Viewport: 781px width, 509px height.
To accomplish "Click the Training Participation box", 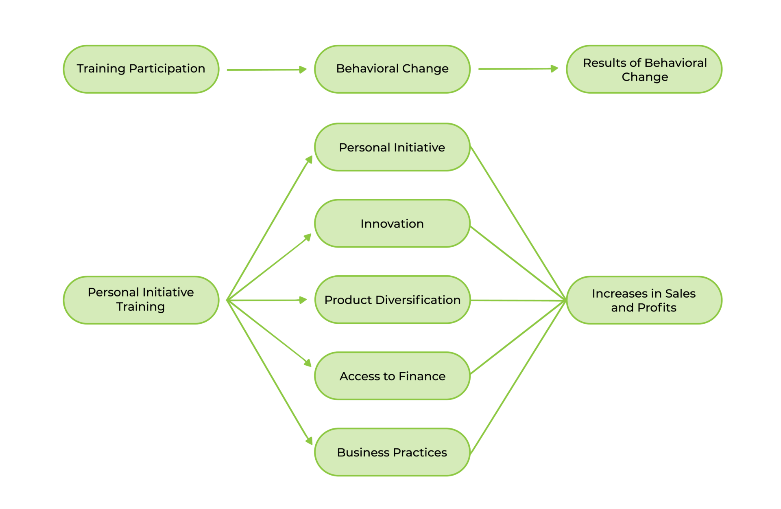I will pyautogui.click(x=141, y=69).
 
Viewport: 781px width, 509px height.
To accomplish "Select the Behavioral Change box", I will pyautogui.click(x=392, y=69).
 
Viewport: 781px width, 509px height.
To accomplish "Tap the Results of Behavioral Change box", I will pyautogui.click(x=644, y=69).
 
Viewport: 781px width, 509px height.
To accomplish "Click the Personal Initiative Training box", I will pyautogui.click(x=141, y=300).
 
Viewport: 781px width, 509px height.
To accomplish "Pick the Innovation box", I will pyautogui.click(x=392, y=224).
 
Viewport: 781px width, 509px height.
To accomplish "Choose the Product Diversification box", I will pyautogui.click(x=392, y=300).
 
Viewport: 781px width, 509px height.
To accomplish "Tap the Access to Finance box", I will pyautogui.click(x=392, y=376).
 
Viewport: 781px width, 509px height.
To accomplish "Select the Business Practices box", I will pyautogui.click(x=392, y=452).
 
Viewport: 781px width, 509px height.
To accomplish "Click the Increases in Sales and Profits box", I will pyautogui.click(x=644, y=300).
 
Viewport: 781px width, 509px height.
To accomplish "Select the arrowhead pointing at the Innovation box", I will pyautogui.click(x=308, y=237).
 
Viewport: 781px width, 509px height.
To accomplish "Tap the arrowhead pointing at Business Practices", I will pyautogui.click(x=309, y=440).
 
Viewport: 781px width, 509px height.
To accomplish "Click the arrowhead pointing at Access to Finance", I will pyautogui.click(x=308, y=362).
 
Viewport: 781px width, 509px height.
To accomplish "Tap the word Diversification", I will pyautogui.click(x=418, y=300).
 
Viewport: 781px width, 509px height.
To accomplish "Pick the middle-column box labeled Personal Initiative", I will pyautogui.click(x=392, y=147).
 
